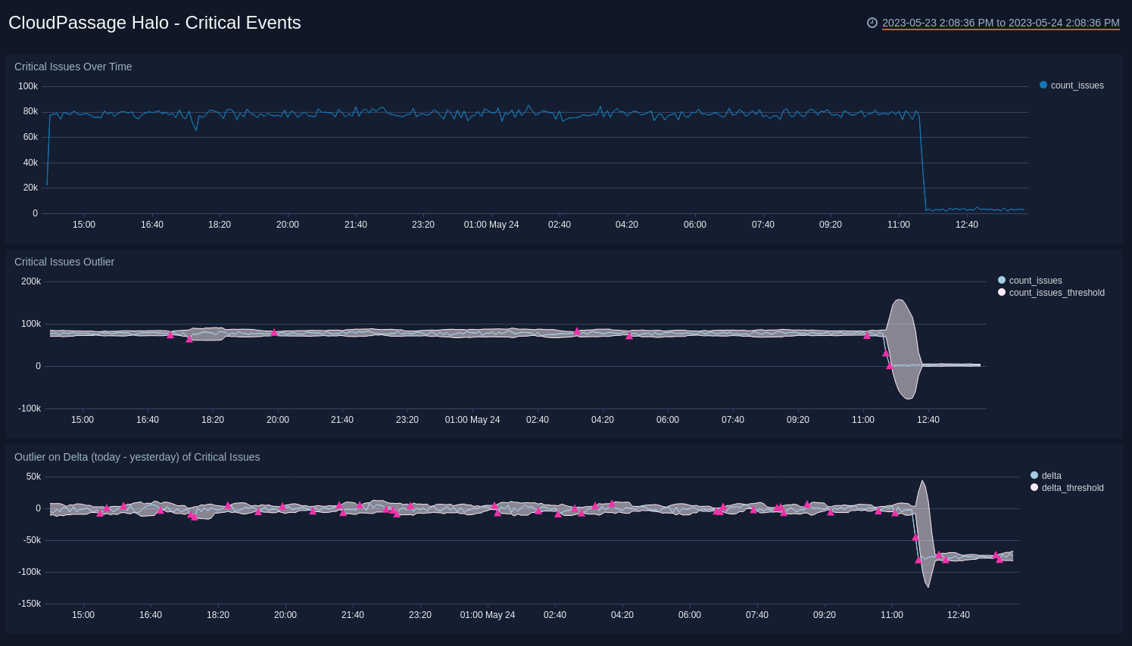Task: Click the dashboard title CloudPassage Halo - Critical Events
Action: pyautogui.click(x=154, y=23)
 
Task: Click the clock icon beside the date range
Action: pyautogui.click(x=872, y=23)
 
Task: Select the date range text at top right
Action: pyautogui.click(x=1000, y=23)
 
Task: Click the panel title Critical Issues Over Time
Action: pyautogui.click(x=73, y=67)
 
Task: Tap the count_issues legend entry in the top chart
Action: pyautogui.click(x=1076, y=85)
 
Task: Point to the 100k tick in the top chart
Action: pyautogui.click(x=28, y=86)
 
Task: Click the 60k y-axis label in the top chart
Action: pyautogui.click(x=30, y=137)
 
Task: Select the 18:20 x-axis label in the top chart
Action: pyautogui.click(x=220, y=225)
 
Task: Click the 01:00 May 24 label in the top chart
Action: pyautogui.click(x=491, y=225)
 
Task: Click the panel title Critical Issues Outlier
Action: pyautogui.click(x=64, y=262)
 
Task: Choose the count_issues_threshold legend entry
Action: pyautogui.click(x=1056, y=293)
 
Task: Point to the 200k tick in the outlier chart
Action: pyautogui.click(x=31, y=281)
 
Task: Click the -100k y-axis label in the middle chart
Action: pyautogui.click(x=30, y=408)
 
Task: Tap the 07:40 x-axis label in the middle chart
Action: pyautogui.click(x=733, y=420)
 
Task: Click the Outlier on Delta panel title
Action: pyautogui.click(x=137, y=457)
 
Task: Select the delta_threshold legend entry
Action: pyautogui.click(x=1072, y=488)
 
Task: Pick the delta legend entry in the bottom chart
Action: pyautogui.click(x=1051, y=476)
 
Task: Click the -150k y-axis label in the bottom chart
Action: pyautogui.click(x=30, y=604)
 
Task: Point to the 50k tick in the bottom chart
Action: pyautogui.click(x=33, y=477)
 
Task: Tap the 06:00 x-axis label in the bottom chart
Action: pyautogui.click(x=690, y=615)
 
